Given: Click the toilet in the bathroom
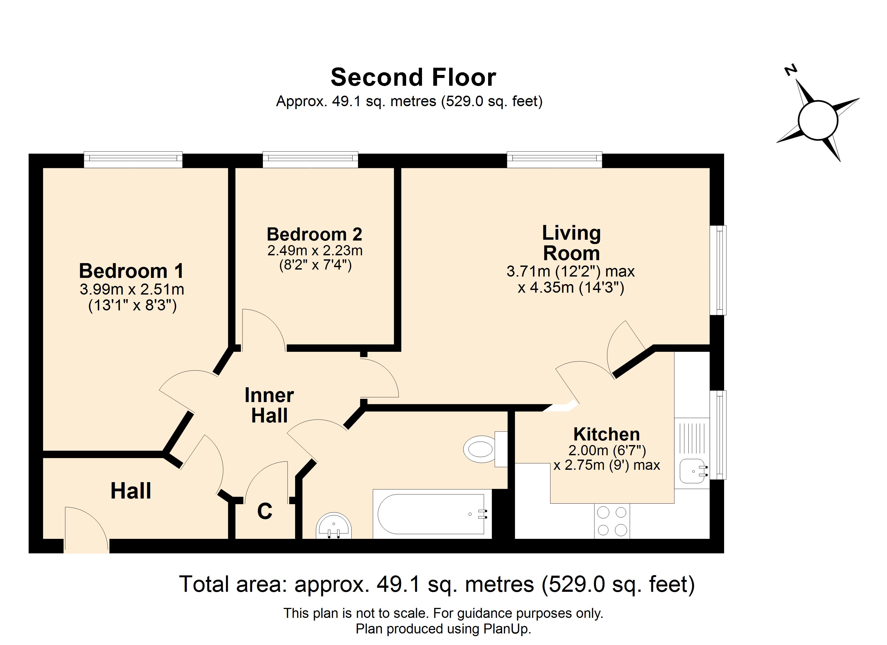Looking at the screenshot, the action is pyautogui.click(x=485, y=449).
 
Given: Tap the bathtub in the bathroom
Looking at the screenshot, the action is pyautogui.click(x=432, y=514).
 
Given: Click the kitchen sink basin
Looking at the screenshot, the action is pyautogui.click(x=694, y=471).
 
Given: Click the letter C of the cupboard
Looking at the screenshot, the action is pyautogui.click(x=265, y=511).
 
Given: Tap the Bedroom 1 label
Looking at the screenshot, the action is pyautogui.click(x=131, y=271).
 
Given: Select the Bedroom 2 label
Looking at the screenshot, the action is pyautogui.click(x=314, y=235).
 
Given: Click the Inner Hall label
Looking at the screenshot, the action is pyautogui.click(x=269, y=405).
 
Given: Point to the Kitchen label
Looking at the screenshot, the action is pyautogui.click(x=607, y=434).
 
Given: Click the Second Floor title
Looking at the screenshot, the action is pyautogui.click(x=413, y=77).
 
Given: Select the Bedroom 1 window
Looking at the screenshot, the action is pyautogui.click(x=133, y=159).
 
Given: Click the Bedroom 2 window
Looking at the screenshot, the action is pyautogui.click(x=310, y=159).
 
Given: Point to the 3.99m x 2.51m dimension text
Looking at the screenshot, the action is pyautogui.click(x=132, y=289).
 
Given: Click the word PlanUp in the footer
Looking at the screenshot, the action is pyautogui.click(x=507, y=629).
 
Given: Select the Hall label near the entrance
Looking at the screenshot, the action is pyautogui.click(x=131, y=491).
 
